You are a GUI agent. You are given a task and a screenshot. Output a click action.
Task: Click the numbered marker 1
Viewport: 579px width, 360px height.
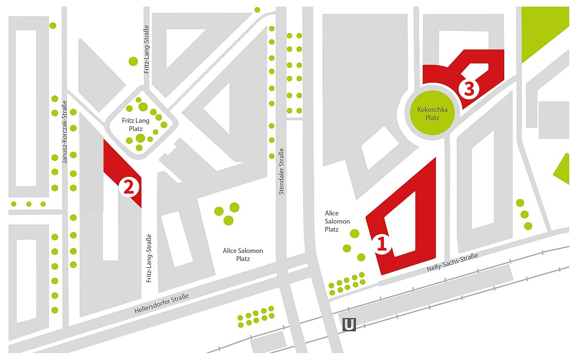382,244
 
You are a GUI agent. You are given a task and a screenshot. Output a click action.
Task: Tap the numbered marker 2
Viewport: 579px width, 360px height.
128,187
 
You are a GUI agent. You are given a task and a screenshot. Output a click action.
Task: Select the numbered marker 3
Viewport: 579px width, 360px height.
469,89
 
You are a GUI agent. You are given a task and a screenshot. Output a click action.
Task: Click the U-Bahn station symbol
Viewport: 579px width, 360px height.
349,325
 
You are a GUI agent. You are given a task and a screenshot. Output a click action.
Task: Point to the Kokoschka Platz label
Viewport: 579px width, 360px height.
429,113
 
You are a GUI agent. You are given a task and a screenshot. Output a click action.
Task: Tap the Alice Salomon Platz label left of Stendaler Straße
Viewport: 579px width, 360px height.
242,255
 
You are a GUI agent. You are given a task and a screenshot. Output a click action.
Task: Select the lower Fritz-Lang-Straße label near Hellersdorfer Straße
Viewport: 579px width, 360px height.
148,258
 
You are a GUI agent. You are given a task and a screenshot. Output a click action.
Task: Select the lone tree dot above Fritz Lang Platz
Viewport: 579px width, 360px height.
133,61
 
